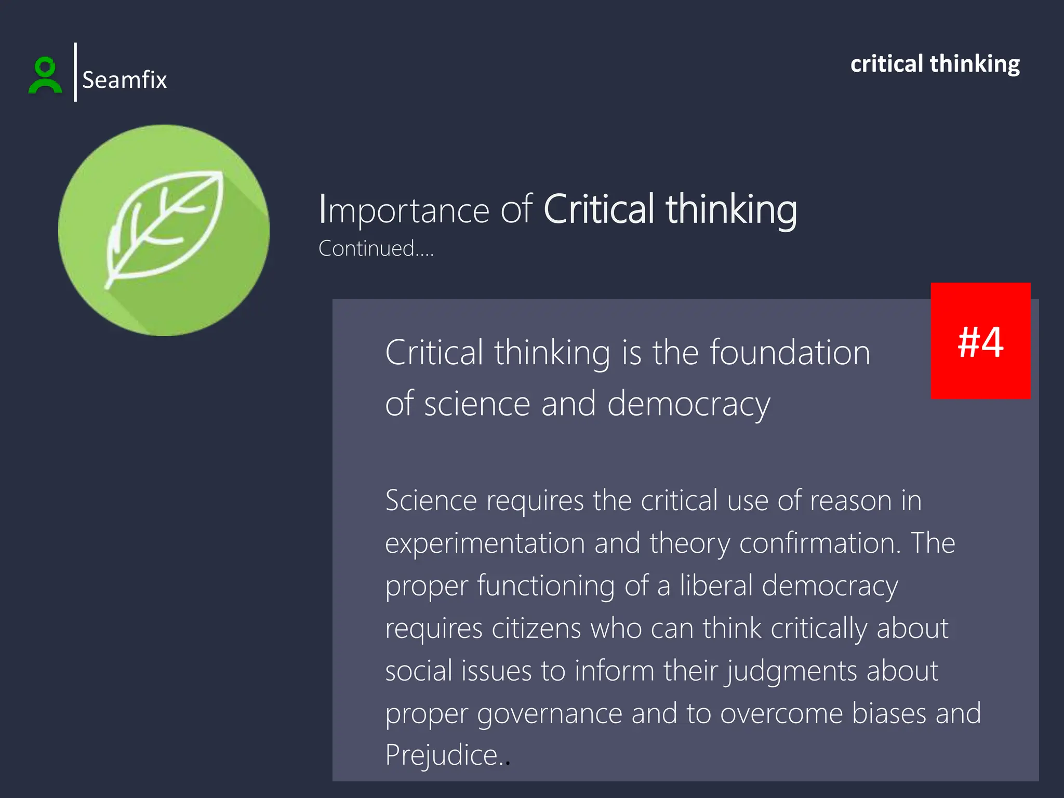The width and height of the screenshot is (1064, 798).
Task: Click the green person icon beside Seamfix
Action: (x=45, y=75)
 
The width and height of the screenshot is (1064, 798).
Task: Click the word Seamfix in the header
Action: (x=125, y=80)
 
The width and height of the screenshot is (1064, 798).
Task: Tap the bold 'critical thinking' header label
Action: (x=935, y=64)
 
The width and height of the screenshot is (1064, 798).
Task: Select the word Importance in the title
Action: (x=404, y=210)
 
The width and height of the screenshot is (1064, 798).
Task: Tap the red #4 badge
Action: (x=980, y=341)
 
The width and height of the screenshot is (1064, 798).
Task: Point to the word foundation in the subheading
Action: (x=790, y=353)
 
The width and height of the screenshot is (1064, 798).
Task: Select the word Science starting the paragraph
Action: (x=431, y=501)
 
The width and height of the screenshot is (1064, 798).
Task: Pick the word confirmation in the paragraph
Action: (x=820, y=543)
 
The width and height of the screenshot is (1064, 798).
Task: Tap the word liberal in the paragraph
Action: (x=716, y=586)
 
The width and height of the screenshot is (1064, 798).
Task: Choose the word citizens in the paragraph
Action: (x=536, y=629)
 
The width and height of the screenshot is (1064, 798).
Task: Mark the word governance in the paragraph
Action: (x=550, y=714)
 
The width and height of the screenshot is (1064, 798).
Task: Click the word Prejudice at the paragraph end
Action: (x=442, y=755)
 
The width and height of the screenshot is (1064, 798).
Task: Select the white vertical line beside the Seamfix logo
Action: (x=75, y=72)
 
